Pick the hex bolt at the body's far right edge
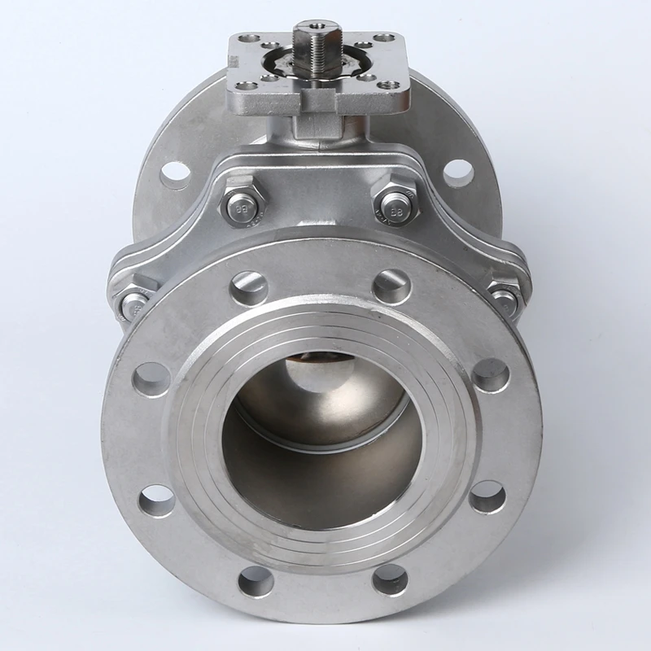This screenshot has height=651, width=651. (505, 300)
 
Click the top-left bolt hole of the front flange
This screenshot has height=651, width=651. (248, 286)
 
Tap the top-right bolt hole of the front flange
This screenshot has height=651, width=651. (391, 286)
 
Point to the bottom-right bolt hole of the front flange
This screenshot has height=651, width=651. (390, 579)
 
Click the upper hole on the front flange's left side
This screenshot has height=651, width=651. (151, 379)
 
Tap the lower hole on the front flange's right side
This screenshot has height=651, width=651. (487, 496)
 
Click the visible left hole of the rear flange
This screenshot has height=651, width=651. (176, 173)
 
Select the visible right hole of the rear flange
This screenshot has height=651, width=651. (458, 172)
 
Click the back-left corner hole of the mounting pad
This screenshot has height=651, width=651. (251, 39)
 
